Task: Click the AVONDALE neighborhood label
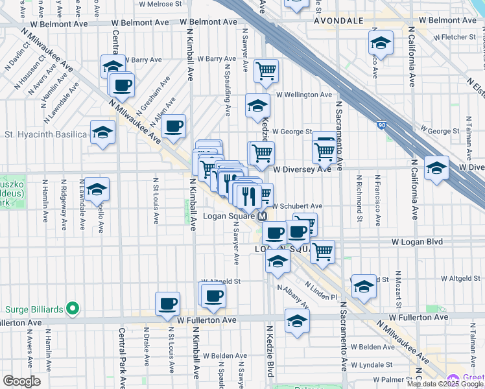338,21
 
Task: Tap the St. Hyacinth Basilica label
45,134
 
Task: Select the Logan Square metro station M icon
263,217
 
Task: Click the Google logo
21,381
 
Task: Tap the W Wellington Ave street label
303,95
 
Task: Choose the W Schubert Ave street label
296,206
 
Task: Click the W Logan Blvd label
417,242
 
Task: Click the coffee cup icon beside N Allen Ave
173,126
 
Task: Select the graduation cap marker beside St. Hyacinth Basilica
102,132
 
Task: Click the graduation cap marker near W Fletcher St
381,43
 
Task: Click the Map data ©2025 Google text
445,384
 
